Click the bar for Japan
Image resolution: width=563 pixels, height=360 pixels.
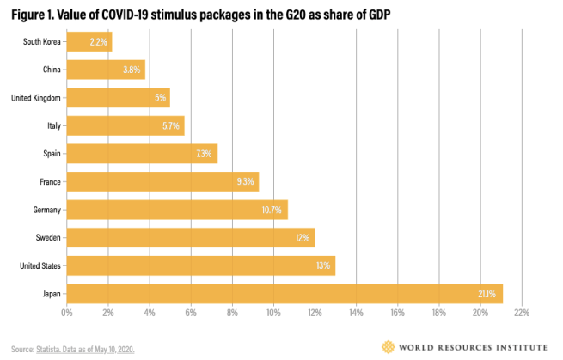[284, 294]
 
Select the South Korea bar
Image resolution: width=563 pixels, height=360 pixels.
[89, 40]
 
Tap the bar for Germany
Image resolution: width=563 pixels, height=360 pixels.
[176, 210]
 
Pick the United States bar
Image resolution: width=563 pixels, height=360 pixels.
[200, 265]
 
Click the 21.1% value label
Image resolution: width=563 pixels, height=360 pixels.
[487, 294]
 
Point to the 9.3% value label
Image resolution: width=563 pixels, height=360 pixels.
[244, 182]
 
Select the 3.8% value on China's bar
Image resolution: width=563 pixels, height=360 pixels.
[132, 70]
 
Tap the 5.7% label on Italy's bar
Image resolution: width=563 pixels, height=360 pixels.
[171, 125]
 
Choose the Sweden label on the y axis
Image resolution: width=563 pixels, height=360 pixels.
[45, 238]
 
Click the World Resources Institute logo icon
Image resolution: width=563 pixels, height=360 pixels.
[389, 346]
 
